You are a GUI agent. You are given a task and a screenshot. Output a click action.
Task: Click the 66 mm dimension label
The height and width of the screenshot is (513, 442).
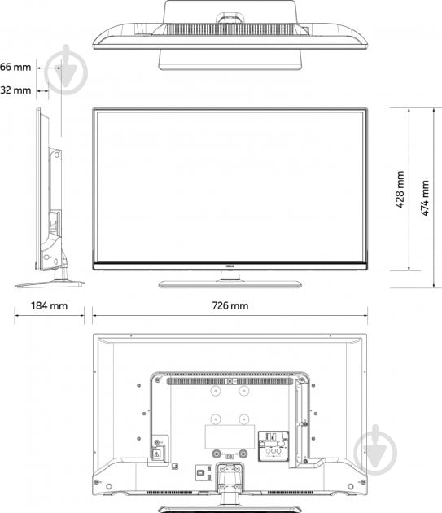[15, 66]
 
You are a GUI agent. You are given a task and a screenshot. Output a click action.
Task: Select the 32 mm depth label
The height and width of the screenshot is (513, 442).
[15, 90]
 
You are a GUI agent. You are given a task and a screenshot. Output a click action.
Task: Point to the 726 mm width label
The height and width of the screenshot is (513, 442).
[229, 305]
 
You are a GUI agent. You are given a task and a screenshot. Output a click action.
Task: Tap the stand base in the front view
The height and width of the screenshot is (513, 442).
[230, 283]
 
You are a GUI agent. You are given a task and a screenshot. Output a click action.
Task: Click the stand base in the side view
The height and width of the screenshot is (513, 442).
[49, 283]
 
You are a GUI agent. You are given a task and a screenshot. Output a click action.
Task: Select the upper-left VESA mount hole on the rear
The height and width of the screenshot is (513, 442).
[215, 392]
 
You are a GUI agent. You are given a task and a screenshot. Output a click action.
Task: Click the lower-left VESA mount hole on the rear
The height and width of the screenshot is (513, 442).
[215, 420]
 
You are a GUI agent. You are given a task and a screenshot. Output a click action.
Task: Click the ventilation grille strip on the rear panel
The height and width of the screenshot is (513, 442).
[230, 379]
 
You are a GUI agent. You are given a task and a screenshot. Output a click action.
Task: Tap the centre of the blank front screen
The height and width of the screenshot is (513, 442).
[230, 186]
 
